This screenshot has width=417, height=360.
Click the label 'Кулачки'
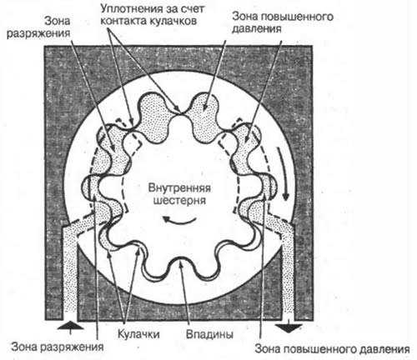(138, 334)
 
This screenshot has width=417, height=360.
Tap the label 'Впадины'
(209, 334)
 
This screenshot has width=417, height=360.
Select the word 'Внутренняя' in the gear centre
(179, 187)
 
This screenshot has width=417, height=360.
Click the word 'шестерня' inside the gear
(179, 200)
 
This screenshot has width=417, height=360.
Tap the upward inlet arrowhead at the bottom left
(70, 325)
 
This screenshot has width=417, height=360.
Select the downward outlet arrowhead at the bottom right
(289, 327)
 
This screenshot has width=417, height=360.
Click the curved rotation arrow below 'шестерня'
(179, 220)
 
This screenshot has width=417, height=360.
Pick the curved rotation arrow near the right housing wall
(283, 173)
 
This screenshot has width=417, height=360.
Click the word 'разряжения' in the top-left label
(38, 33)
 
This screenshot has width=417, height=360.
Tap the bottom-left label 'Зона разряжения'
(58, 347)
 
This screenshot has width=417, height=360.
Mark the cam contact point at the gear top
(181, 112)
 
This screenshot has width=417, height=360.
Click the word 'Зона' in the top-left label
(57, 21)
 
